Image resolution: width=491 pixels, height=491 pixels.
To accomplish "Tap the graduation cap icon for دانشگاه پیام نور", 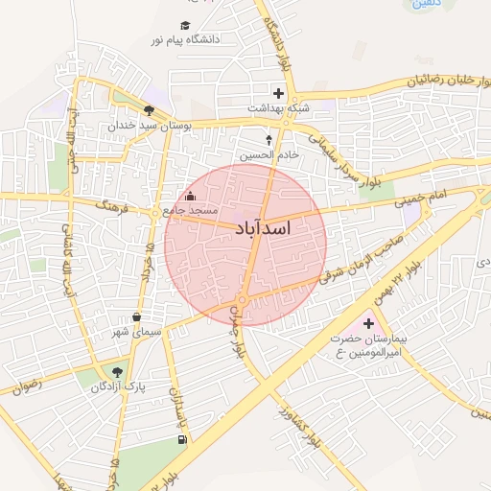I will coord(185,26).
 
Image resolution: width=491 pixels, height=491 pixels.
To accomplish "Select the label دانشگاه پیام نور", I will coord(185,40).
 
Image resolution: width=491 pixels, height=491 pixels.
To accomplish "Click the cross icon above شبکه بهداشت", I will coord(279,94).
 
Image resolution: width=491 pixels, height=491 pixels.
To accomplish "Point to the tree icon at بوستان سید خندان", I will coord(149,110).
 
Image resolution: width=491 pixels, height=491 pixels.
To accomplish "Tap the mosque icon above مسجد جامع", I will coord(190,197).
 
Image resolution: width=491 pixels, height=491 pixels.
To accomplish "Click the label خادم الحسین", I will coord(269,153).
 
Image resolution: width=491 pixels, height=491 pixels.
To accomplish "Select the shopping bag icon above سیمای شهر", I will coord(136,317).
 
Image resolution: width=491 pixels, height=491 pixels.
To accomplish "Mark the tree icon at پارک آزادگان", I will coord(117,371).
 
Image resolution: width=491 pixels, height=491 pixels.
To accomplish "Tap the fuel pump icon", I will coord(181,440).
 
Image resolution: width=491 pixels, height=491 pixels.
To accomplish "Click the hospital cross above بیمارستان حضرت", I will coord(367,324).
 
